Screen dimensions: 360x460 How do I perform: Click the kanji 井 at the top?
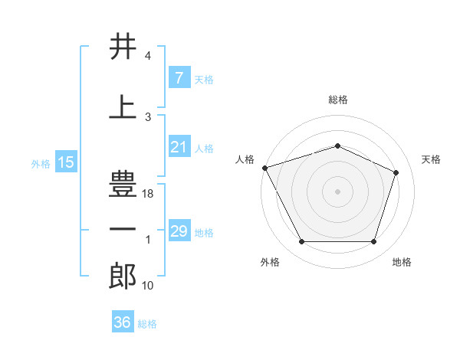click(123, 47)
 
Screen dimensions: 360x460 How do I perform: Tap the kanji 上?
click(123, 108)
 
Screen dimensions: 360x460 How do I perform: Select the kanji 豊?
click(123, 185)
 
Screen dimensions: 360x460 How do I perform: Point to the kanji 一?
click(123, 230)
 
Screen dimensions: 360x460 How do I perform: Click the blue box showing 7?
click(179, 78)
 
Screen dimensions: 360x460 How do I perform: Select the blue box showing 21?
click(179, 147)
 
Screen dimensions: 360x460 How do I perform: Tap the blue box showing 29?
click(179, 231)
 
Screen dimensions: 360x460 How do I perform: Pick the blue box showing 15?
click(65, 162)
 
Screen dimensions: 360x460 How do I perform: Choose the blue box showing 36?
click(122, 322)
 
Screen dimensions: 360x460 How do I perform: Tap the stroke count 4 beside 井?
click(148, 57)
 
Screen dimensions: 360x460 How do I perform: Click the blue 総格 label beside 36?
click(147, 324)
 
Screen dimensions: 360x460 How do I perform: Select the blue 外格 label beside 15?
click(40, 164)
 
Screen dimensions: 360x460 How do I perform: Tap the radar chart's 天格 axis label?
click(432, 159)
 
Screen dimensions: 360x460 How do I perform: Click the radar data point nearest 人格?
click(264, 168)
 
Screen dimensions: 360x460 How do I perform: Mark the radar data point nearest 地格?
click(373, 242)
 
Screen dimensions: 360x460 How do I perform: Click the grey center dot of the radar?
click(337, 191)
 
